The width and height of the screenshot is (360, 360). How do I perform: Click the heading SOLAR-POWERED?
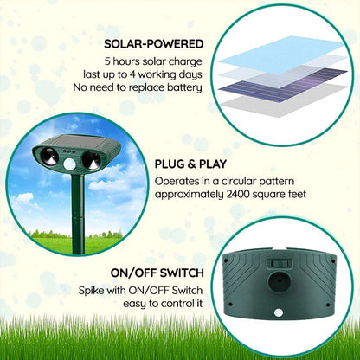click(x=153, y=44)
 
